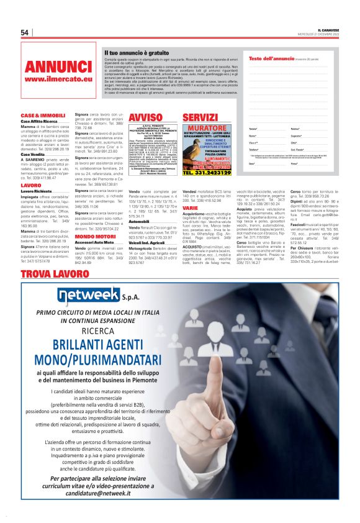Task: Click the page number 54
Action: [25, 32]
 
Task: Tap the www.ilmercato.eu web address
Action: [58, 80]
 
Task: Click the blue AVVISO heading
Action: [145, 117]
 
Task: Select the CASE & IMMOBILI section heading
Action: [43, 116]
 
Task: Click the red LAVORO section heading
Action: [31, 185]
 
